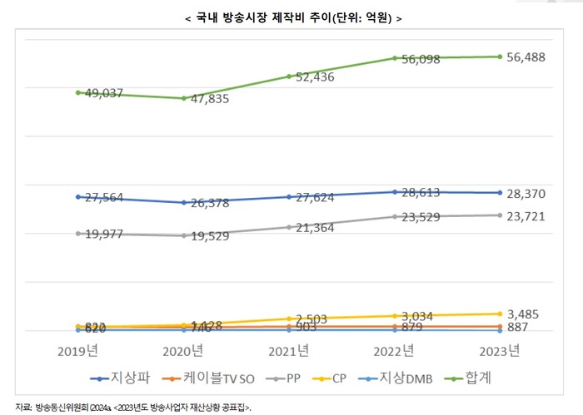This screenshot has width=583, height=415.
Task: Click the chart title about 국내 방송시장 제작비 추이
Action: (291, 18)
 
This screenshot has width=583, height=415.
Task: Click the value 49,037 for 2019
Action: (102, 93)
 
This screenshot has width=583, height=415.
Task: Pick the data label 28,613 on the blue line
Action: (418, 191)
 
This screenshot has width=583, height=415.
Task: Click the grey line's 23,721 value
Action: (529, 215)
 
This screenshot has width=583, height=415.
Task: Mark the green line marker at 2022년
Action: (394, 58)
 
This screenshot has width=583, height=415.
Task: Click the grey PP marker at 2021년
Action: (288, 227)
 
